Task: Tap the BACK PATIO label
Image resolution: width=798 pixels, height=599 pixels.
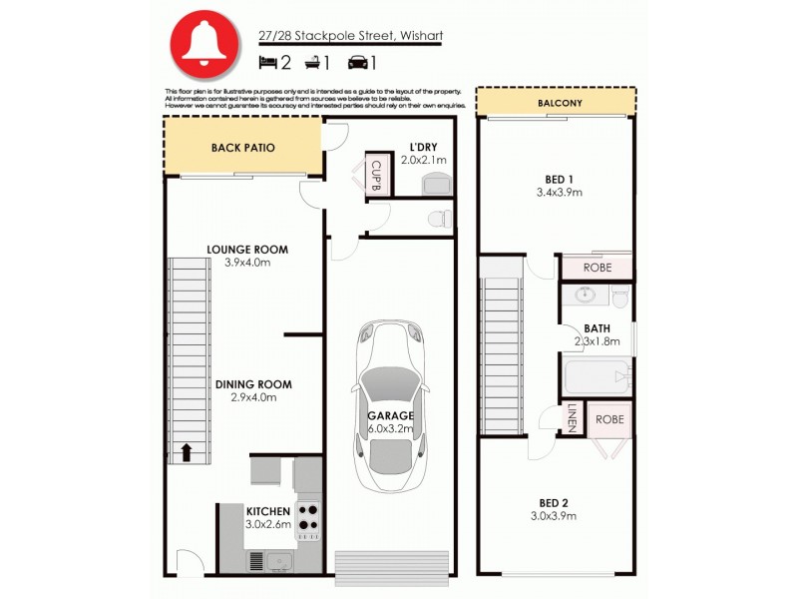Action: (242, 148)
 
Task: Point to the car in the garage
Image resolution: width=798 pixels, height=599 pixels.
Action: (392, 409)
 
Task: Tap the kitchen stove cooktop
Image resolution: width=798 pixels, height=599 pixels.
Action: (308, 515)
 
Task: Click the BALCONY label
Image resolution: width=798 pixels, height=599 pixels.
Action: (560, 103)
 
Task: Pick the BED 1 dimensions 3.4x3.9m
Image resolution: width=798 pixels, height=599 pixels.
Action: (559, 192)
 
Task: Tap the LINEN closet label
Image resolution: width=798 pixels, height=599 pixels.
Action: (573, 418)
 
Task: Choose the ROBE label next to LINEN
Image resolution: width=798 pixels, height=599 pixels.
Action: (609, 419)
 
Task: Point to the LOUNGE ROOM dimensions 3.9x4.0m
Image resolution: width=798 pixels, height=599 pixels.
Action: (247, 263)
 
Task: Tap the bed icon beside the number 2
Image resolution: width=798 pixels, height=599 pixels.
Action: (267, 63)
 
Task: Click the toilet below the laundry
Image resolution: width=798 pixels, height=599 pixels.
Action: (435, 218)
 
